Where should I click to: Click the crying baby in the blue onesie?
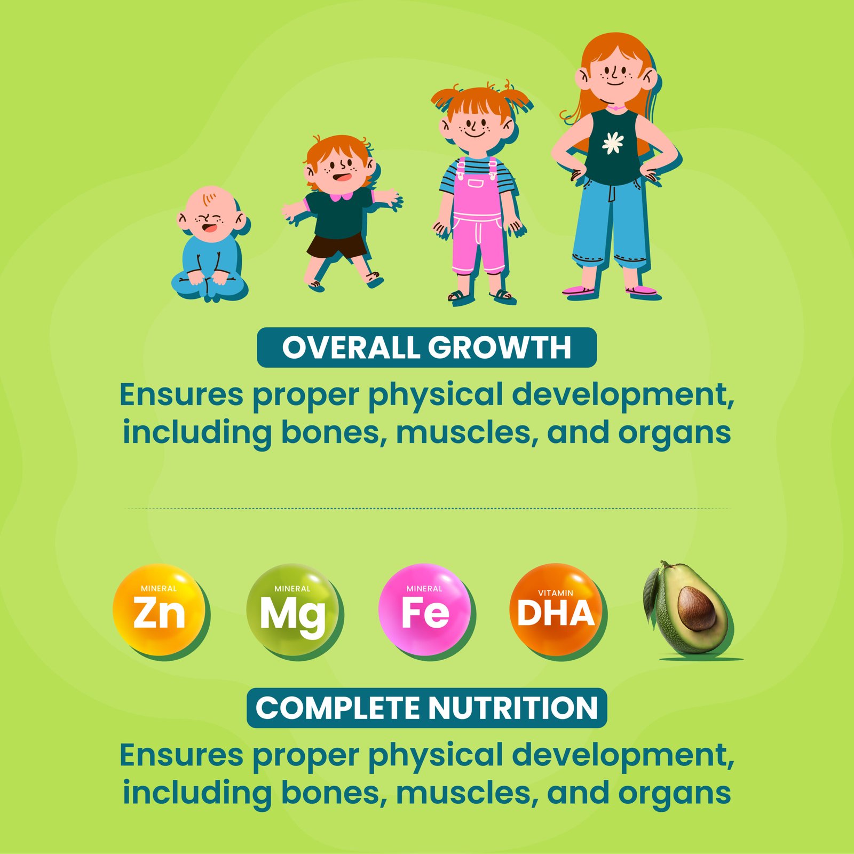[x=210, y=243]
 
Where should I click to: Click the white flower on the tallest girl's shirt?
[x=613, y=143]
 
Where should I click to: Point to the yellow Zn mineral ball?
[x=159, y=610]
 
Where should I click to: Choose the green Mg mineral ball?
[x=292, y=610]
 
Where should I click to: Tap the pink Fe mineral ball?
[x=425, y=610]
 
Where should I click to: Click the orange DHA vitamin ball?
[x=556, y=610]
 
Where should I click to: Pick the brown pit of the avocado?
[x=697, y=608]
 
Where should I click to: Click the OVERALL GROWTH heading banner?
[x=426, y=347]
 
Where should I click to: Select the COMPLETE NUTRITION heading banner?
[x=426, y=708]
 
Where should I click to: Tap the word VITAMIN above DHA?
[x=556, y=593]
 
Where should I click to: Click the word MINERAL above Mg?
[x=292, y=589]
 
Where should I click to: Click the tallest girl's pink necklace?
[x=616, y=108]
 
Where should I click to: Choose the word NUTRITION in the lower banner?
[x=512, y=708]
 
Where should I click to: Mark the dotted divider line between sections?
[x=427, y=509]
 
